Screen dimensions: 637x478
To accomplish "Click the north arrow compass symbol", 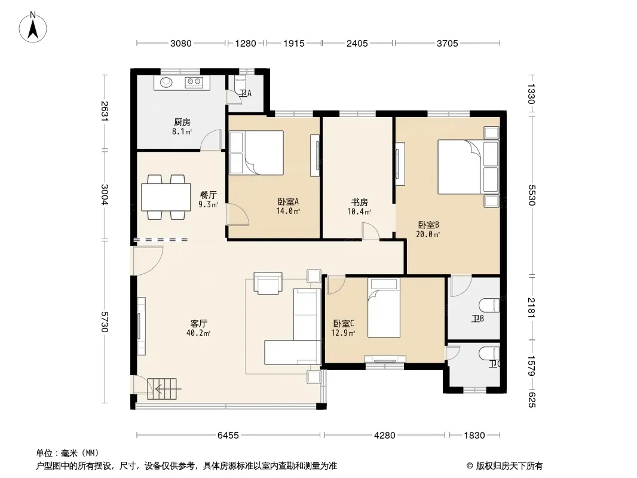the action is pyautogui.click(x=33, y=27).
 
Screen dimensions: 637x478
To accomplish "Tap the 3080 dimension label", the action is pyautogui.click(x=181, y=43).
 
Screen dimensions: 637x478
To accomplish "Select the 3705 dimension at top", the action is pyautogui.click(x=448, y=43).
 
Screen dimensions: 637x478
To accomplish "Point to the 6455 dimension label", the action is pyautogui.click(x=228, y=436).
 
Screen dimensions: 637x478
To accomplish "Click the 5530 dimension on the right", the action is pyautogui.click(x=532, y=195).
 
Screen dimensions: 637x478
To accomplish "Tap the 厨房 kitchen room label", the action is pyautogui.click(x=182, y=122).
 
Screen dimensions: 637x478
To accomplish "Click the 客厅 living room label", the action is pyautogui.click(x=198, y=323).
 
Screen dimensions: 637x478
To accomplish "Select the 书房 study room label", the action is pyautogui.click(x=360, y=202).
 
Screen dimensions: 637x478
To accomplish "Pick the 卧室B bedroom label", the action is pyautogui.click(x=428, y=225).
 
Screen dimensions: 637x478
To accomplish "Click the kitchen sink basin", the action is pyautogui.click(x=166, y=82).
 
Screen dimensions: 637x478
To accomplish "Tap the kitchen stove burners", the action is pyautogui.click(x=194, y=82).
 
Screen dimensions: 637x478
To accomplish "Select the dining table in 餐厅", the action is pyautogui.click(x=166, y=197).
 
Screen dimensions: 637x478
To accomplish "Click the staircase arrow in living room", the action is pyautogui.click(x=167, y=388).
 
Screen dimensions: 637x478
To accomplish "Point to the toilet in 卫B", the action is pyautogui.click(x=489, y=305).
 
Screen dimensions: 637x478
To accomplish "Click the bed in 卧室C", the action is pyautogui.click(x=384, y=308).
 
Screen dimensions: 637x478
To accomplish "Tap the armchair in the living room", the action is pyautogui.click(x=268, y=283).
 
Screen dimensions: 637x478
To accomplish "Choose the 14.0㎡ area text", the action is pyautogui.click(x=288, y=211).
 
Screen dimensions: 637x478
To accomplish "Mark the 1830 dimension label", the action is pyautogui.click(x=474, y=436).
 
